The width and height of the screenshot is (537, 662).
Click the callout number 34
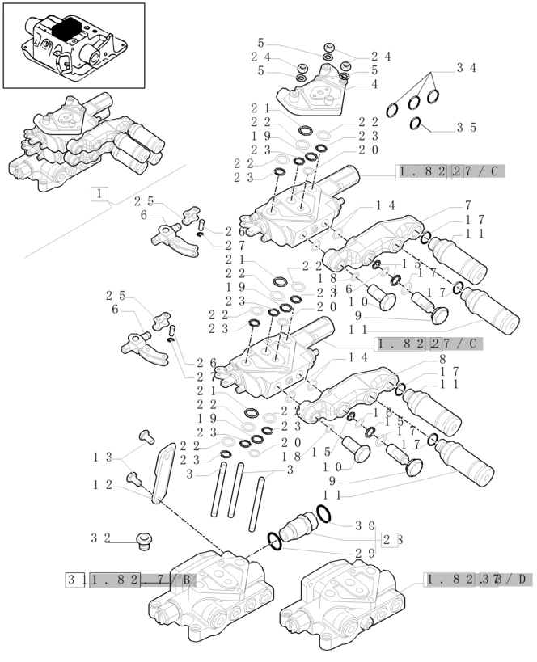(x=466, y=69)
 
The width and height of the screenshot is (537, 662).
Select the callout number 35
(x=466, y=128)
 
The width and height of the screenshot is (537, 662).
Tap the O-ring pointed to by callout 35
(x=416, y=124)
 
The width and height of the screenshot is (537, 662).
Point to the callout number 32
(x=100, y=537)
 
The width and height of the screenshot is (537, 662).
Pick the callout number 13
(x=102, y=457)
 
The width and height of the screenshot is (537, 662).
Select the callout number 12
(x=102, y=484)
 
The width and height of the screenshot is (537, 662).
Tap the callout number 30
(x=364, y=525)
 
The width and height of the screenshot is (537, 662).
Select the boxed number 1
(x=99, y=194)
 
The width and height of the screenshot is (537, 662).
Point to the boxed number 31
(x=76, y=580)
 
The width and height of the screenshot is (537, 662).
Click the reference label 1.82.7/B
(x=142, y=580)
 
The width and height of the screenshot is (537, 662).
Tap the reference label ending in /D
(x=478, y=579)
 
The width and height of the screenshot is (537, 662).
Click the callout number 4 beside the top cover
(x=374, y=84)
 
